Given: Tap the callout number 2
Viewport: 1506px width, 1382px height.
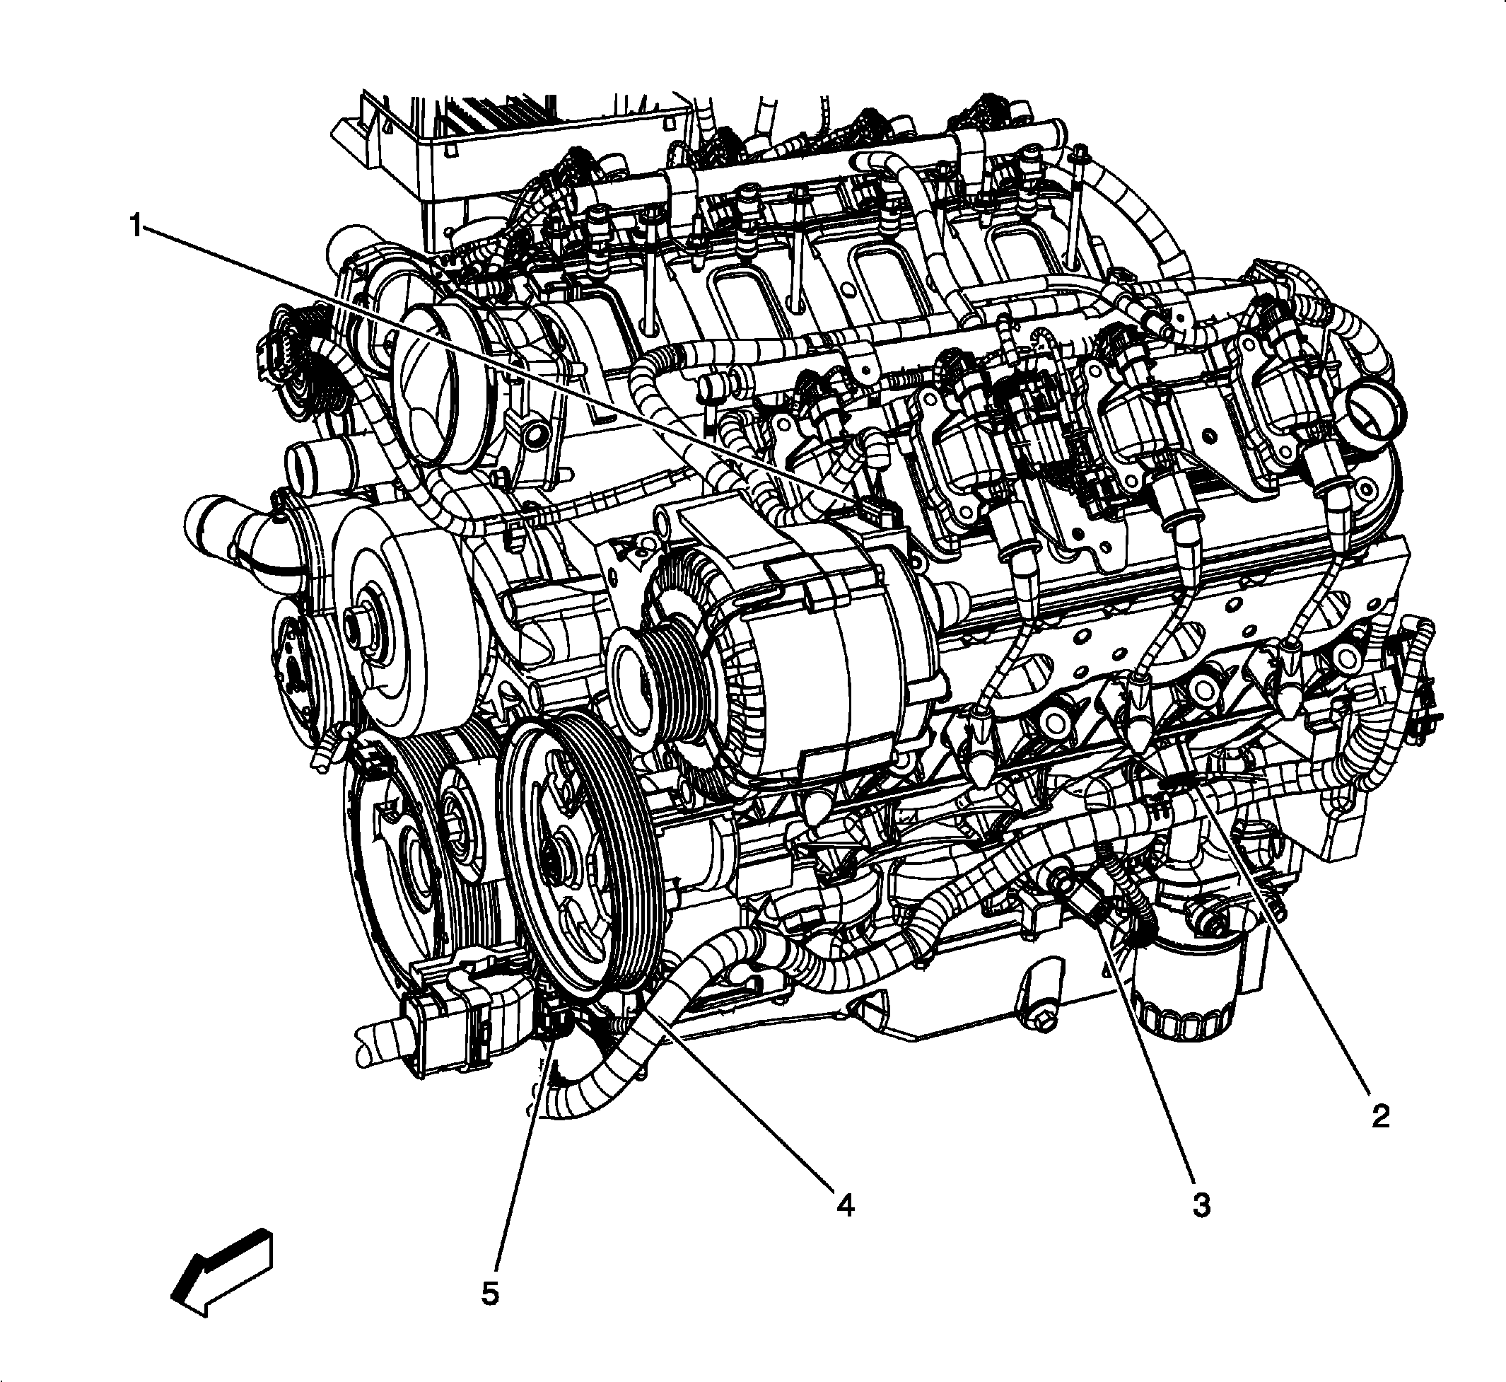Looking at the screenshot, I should tap(1379, 1116).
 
